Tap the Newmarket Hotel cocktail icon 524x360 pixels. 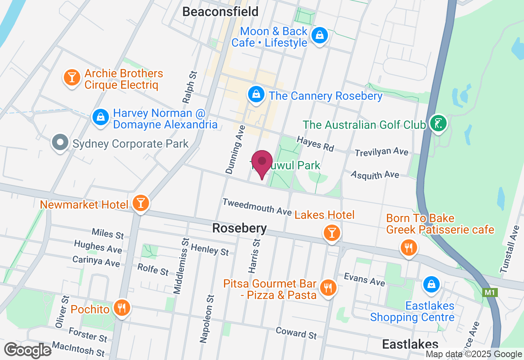pos(141,202)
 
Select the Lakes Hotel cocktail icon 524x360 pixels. pos(332,233)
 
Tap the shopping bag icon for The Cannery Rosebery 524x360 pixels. pos(256,94)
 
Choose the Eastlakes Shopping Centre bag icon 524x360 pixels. pos(431,283)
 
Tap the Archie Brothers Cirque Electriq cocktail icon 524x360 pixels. pos(72,77)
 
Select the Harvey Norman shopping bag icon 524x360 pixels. pos(100,117)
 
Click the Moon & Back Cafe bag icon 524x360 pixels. pos(319,35)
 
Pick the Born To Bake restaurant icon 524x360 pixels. pos(408,247)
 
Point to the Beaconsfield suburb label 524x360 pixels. pos(220,12)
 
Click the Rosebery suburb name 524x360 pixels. pos(239,228)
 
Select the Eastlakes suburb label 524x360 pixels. pos(410,344)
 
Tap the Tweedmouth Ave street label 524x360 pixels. pos(257,207)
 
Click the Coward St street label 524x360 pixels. pos(296,333)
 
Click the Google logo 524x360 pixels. pos(28,351)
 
